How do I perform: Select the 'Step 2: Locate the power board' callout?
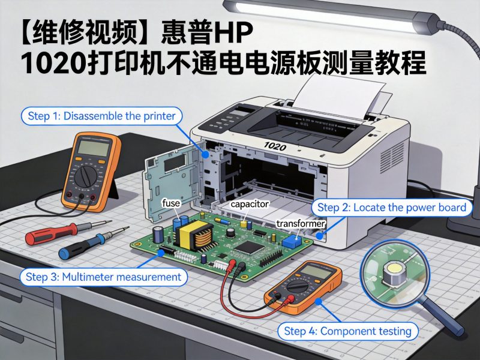[391, 208]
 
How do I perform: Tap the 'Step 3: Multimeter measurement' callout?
[103, 277]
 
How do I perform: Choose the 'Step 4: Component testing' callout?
[348, 331]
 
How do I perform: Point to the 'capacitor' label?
[249, 204]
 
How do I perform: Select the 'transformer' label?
[300, 224]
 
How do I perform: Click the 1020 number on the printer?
[274, 146]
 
